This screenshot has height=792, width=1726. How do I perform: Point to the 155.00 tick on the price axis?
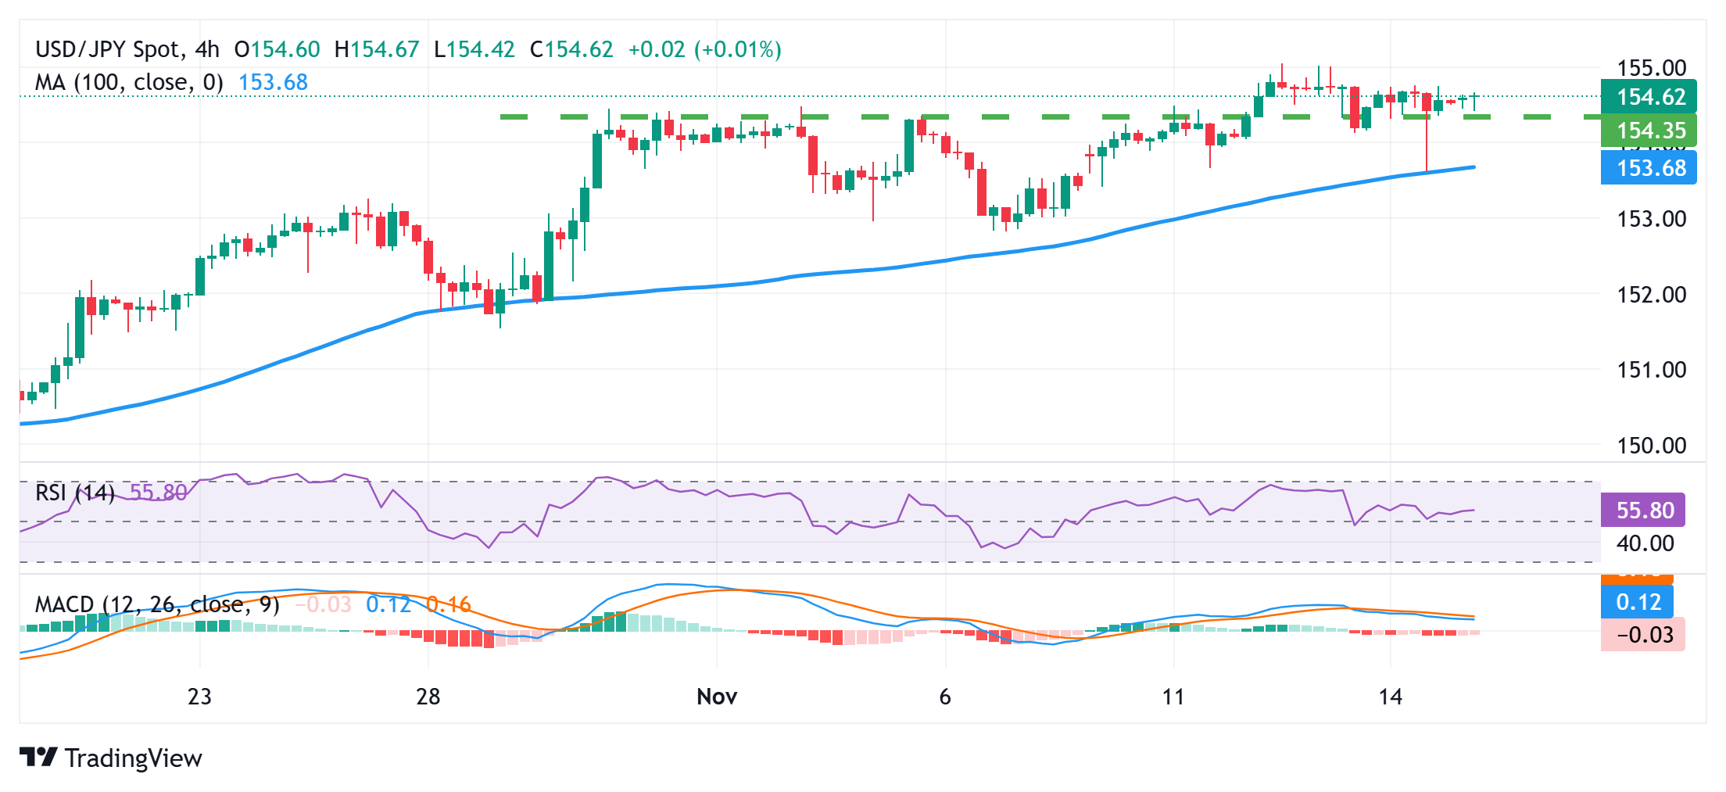click(1651, 68)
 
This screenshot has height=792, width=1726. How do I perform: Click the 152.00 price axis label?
click(1651, 295)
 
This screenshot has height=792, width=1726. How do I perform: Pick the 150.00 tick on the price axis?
click(1651, 446)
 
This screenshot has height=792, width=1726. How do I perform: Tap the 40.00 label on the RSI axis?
click(1645, 543)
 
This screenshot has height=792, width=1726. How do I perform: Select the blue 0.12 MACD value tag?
click(1638, 602)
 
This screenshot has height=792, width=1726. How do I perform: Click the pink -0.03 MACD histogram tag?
click(1643, 634)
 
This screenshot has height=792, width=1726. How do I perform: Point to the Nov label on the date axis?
click(716, 697)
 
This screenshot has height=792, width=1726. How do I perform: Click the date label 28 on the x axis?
click(428, 697)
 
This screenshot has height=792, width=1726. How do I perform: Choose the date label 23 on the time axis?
click(199, 697)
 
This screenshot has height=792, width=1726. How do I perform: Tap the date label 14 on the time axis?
click(1390, 697)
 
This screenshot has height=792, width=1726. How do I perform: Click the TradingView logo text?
click(133, 758)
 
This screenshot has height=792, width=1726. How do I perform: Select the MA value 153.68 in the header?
click(273, 82)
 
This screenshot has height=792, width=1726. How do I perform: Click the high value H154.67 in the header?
click(377, 50)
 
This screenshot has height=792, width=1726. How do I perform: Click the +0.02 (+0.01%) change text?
click(704, 50)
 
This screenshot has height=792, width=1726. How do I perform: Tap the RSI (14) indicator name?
click(75, 493)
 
